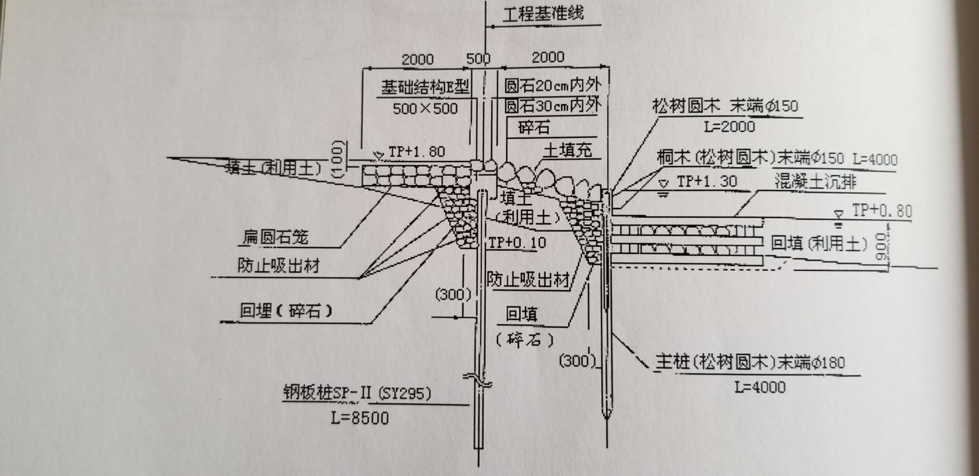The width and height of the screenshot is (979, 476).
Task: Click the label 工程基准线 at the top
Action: click(543, 14)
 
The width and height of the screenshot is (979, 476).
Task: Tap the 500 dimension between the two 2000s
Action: click(478, 58)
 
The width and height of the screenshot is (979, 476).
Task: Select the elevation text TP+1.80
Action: click(417, 152)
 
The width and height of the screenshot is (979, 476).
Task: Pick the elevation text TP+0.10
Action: click(517, 242)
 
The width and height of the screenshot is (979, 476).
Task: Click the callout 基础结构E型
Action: click(425, 87)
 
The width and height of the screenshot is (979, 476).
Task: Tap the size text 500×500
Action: click(425, 108)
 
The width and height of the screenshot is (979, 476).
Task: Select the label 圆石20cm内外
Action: click(553, 86)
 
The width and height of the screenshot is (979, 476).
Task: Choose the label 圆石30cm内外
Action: click(553, 106)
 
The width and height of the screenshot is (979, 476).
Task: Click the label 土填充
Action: click(567, 151)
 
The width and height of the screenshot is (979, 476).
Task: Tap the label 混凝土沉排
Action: click(815, 182)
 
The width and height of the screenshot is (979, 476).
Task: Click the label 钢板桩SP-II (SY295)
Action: click(357, 393)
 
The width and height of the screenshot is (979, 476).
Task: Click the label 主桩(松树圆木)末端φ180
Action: click(750, 362)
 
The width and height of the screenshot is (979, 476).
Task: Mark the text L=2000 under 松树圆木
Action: click(730, 127)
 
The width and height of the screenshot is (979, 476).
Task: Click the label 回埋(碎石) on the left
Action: click(286, 311)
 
